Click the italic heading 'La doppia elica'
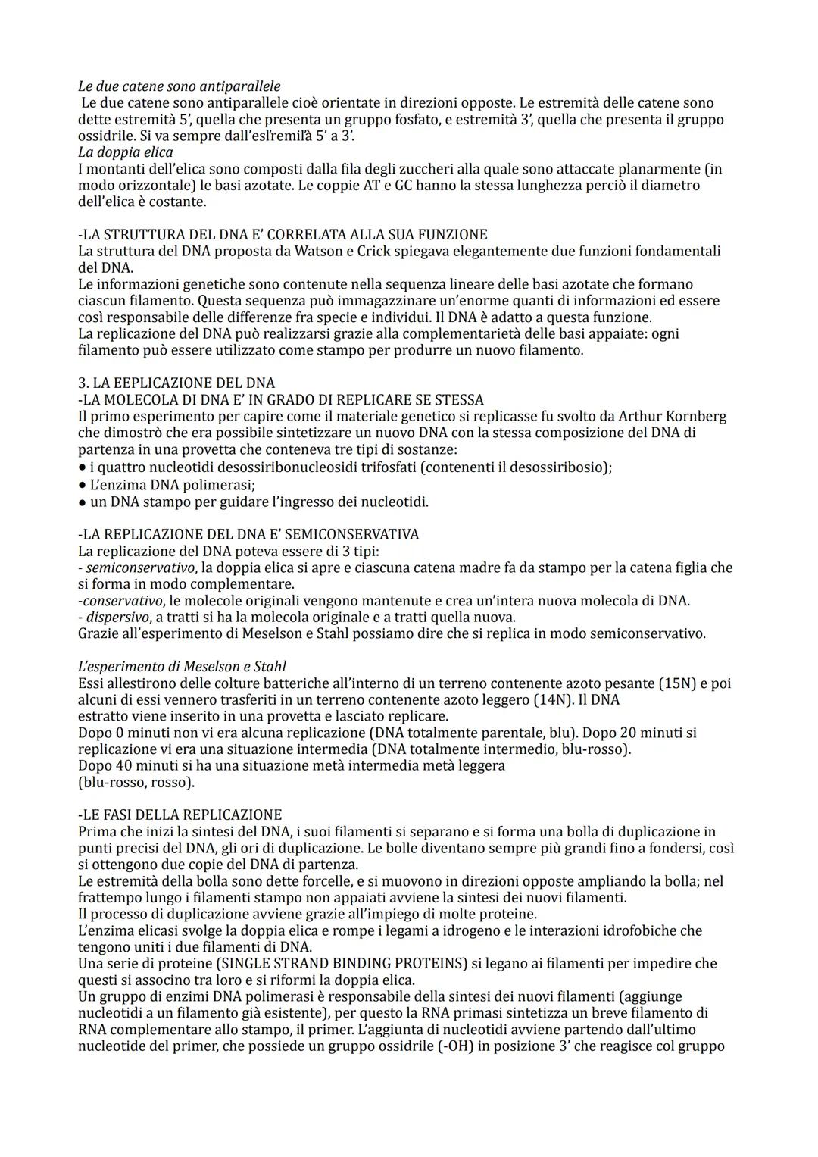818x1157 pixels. point(125,152)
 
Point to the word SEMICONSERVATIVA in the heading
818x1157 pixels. point(356,534)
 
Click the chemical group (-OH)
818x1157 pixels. point(471,1046)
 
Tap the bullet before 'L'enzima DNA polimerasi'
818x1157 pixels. point(82,485)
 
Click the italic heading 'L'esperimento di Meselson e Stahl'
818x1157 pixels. point(182,667)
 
